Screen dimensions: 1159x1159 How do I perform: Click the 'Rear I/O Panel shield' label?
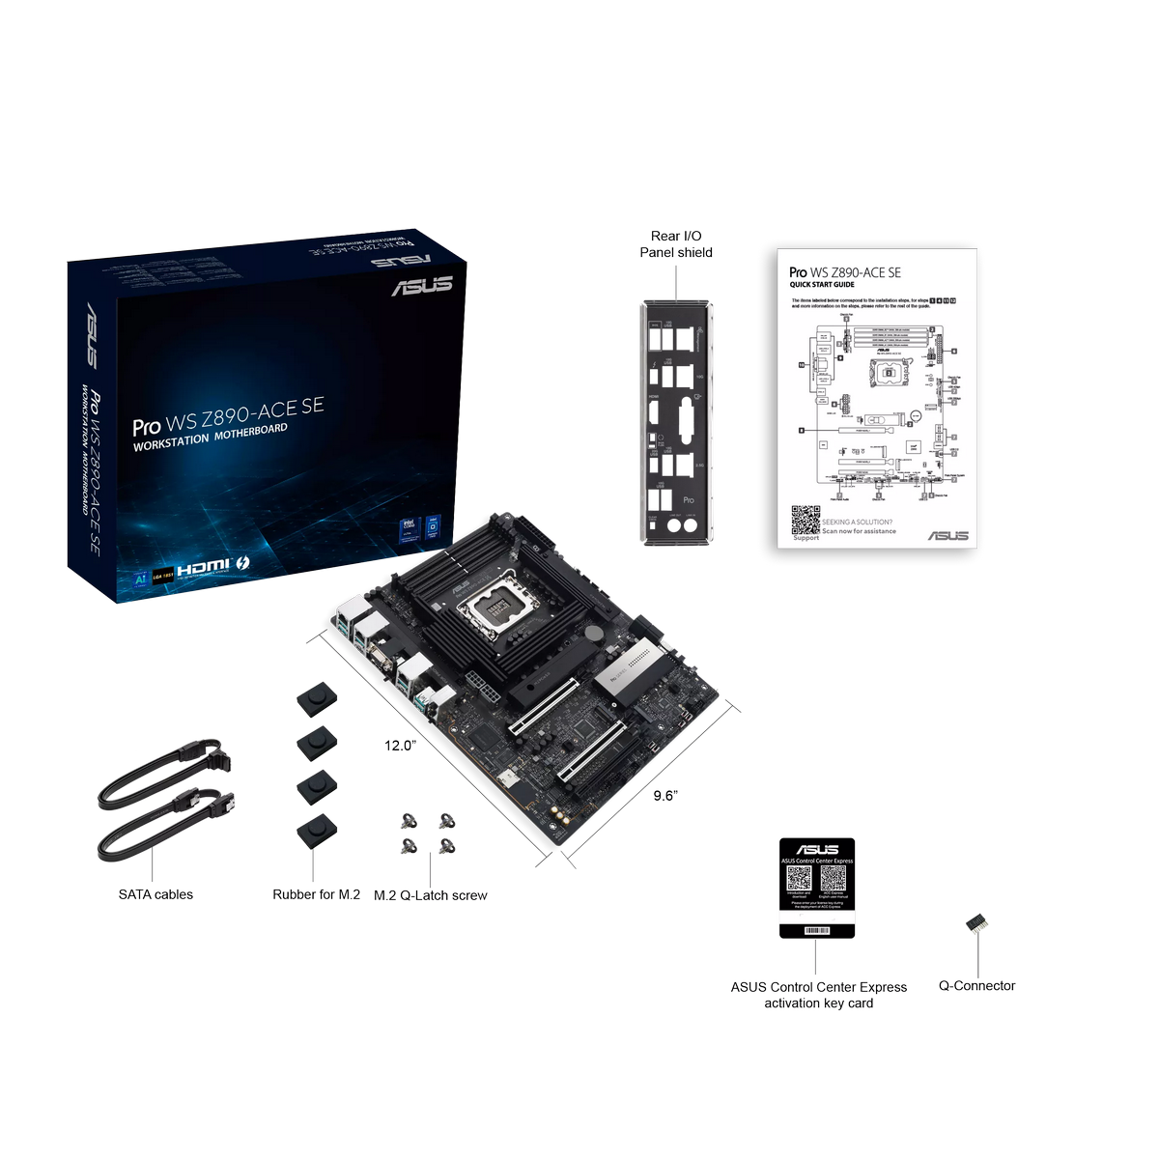(x=676, y=244)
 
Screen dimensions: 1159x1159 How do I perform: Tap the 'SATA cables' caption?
(x=155, y=894)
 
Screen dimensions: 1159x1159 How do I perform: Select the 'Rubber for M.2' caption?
(x=316, y=894)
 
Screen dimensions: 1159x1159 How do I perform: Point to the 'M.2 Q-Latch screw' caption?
(x=431, y=895)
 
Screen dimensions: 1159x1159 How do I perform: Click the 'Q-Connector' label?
(x=976, y=985)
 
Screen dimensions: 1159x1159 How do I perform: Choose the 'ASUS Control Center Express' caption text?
(x=818, y=987)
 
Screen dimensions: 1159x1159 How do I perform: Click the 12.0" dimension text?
(x=400, y=746)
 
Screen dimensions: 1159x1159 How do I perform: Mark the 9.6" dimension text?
(x=665, y=796)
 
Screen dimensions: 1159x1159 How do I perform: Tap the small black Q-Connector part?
(x=975, y=923)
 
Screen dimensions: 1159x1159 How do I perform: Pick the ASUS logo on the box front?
(x=422, y=285)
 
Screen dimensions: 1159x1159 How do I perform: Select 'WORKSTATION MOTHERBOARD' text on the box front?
(x=210, y=437)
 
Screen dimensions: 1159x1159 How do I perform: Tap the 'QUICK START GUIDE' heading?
(x=822, y=285)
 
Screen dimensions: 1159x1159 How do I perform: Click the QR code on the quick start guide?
(x=806, y=519)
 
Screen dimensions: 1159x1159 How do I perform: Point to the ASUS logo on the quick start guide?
(x=947, y=535)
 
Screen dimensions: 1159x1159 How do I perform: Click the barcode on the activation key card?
(x=817, y=930)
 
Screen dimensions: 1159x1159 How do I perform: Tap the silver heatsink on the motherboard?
(x=633, y=669)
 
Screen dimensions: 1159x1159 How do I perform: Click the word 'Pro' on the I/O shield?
(x=689, y=499)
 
